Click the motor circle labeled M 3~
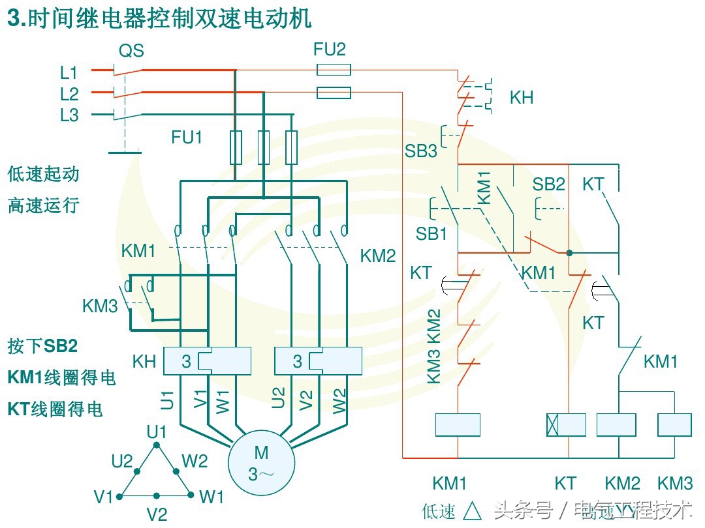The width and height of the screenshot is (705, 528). (260, 462)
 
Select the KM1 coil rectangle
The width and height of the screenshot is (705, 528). (458, 425)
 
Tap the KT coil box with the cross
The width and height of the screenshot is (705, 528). (566, 425)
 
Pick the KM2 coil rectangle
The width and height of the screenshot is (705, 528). (616, 425)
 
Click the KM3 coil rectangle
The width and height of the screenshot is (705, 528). (674, 425)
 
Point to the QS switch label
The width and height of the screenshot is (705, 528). (131, 51)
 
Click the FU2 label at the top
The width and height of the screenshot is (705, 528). (330, 50)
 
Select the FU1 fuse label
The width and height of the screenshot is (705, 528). (187, 138)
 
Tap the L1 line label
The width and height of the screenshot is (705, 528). (69, 72)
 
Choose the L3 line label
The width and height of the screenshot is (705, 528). (69, 115)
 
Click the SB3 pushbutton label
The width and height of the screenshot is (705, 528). (421, 151)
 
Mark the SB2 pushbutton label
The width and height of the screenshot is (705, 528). (548, 184)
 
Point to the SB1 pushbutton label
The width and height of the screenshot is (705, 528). (431, 233)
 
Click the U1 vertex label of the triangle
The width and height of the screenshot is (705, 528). (157, 432)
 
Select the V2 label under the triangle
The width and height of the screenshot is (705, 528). (157, 514)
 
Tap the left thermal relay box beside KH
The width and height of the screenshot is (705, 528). (208, 361)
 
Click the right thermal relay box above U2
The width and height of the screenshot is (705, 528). (319, 361)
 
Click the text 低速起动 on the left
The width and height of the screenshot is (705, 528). (44, 174)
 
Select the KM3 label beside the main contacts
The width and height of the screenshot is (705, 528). (100, 306)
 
